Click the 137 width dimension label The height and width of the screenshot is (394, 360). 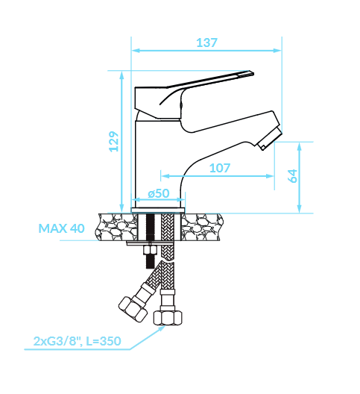tap(206, 43)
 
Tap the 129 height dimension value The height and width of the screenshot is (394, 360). tap(114, 142)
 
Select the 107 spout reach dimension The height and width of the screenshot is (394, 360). tap(220, 168)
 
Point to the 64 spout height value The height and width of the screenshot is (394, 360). tap(292, 176)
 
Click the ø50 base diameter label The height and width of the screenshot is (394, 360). tap(159, 193)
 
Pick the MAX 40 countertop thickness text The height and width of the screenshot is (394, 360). tap(61, 228)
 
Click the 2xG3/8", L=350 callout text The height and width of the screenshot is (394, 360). tap(77, 341)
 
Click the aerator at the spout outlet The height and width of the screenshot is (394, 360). tap(270, 139)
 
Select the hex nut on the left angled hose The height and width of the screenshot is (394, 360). tap(133, 310)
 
